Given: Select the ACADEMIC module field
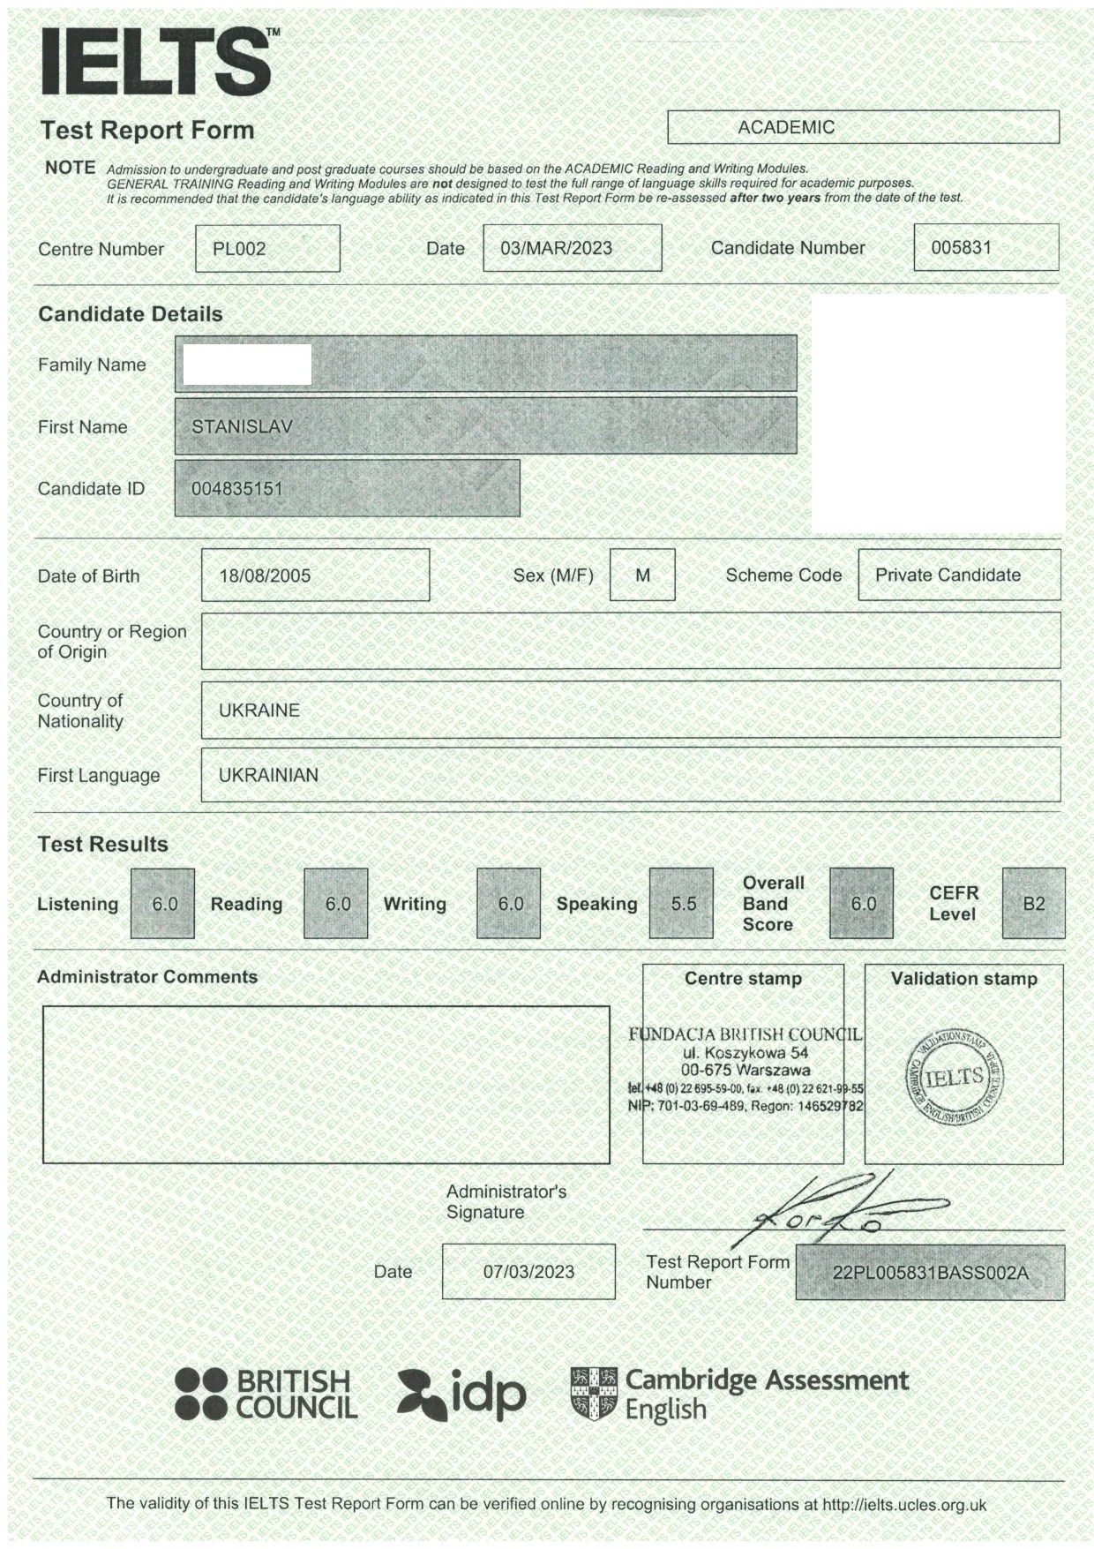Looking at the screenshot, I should pos(785,127).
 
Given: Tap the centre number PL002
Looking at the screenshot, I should pos(239,249).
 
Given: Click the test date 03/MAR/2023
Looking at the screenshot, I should pos(556,248).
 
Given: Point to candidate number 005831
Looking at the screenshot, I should pos(962,247).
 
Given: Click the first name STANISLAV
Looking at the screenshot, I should pos(242,426).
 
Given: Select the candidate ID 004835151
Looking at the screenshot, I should pos(237,488).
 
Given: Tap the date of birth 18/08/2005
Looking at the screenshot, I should pos(265,575).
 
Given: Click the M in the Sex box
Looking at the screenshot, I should pos(642,575).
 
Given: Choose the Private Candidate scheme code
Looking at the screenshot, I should pos(948,575).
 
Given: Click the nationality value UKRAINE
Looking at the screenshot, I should pos(259,711).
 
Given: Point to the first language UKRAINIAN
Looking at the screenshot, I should pos(268,775).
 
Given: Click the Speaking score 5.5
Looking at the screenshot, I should pos(683,904).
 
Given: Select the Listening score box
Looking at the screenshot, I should pos(164,904).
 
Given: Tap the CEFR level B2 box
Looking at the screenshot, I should pos(1033,904).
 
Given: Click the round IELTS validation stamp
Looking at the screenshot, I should pos(955,1077).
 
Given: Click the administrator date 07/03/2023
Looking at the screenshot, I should pos(528,1272).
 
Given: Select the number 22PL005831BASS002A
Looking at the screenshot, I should pos(930,1273).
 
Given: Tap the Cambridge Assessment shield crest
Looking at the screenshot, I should pos(594,1395).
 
